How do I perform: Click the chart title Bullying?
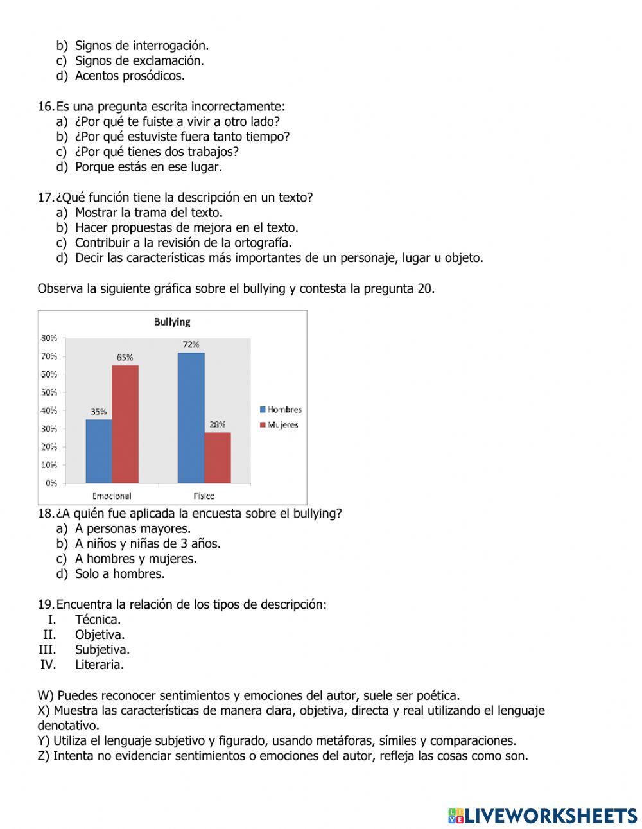point(172,322)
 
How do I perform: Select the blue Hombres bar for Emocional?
point(99,451)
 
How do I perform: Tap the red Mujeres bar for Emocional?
point(125,424)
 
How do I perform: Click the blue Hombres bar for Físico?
point(191,417)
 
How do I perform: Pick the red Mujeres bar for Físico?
point(218,457)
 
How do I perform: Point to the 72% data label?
point(191,345)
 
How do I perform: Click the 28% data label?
point(218,424)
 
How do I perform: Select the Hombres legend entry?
point(281,410)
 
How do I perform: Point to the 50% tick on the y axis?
point(49,392)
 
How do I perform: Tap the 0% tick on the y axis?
point(51,483)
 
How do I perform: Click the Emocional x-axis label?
point(112,496)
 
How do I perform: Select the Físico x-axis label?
point(204,496)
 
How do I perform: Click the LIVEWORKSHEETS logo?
point(542,816)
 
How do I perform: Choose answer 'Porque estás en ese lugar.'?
point(148,167)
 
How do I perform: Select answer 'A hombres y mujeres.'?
point(135,559)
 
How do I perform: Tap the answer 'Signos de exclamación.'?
point(139,61)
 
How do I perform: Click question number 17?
point(46,198)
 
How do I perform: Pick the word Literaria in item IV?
point(100,665)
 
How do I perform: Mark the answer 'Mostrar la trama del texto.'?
point(149,213)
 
